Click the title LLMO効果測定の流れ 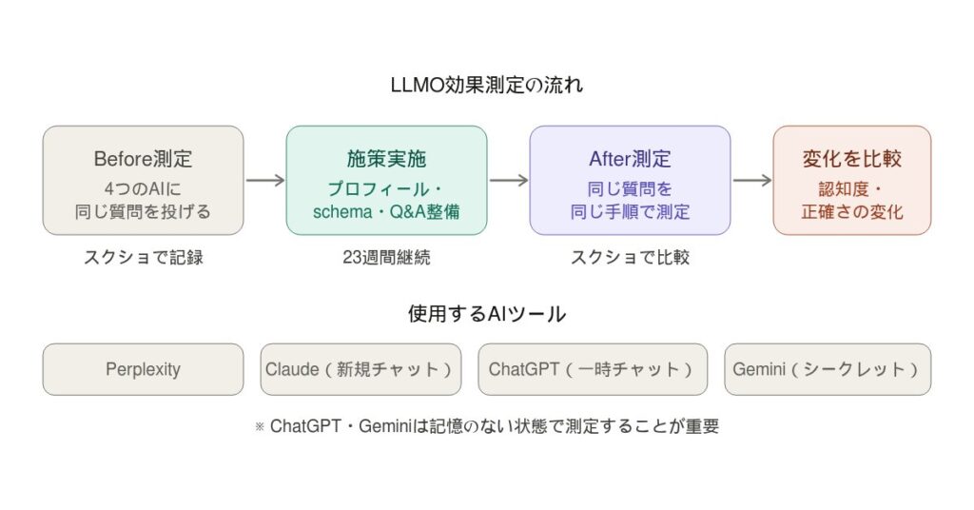point(487,85)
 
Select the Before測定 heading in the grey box point(143,159)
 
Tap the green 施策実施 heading point(386,159)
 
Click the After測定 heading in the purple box point(630,159)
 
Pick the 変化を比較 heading point(851,159)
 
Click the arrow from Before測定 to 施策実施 point(264,181)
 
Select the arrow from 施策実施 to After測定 point(508,181)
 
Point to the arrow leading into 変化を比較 point(751,181)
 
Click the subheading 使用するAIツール point(487,313)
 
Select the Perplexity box point(143,369)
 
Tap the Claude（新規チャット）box point(360,369)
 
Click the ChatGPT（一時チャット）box point(592,369)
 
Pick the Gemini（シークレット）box point(827,369)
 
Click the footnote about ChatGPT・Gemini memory point(487,426)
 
